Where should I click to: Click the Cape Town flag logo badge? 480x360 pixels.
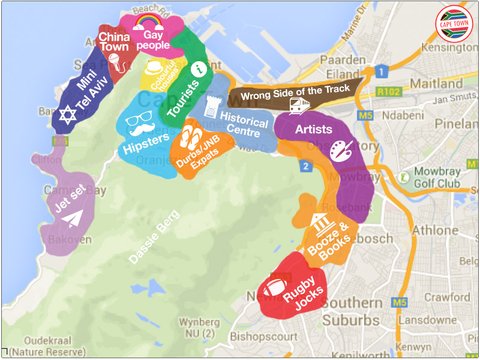454,24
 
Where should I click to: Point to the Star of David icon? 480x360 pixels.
67,114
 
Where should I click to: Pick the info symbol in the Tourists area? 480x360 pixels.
195,70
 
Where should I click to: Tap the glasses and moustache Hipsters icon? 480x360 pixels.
139,124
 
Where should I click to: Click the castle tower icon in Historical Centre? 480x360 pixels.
209,107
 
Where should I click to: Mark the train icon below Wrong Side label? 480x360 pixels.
299,106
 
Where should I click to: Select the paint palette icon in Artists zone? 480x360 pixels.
343,151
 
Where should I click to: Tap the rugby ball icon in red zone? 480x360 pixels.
276,287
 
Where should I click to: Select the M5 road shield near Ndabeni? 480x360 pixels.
365,115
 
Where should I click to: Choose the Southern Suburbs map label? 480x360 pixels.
351,311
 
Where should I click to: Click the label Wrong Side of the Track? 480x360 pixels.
295,93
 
